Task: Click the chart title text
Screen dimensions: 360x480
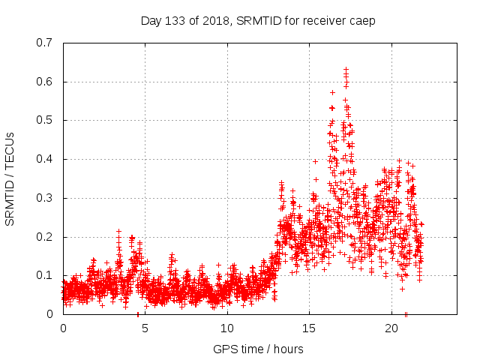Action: [258, 21]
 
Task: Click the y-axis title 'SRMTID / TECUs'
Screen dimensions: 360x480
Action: [10, 178]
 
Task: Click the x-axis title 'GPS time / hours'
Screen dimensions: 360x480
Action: [258, 349]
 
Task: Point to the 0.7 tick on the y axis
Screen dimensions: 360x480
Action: [46, 43]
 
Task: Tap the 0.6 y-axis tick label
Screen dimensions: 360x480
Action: [46, 82]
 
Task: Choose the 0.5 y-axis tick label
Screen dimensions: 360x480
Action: [46, 120]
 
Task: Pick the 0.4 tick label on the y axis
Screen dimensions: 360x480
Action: [46, 159]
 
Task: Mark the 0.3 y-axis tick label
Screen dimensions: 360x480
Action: [46, 198]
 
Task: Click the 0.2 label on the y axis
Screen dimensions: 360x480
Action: [46, 237]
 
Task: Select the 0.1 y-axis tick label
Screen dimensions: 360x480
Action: [46, 275]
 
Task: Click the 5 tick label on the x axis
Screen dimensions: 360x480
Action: [145, 329]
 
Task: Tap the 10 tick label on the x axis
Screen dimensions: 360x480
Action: [227, 329]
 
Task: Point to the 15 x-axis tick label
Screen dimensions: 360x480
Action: [309, 329]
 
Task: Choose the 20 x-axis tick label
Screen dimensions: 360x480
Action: [391, 329]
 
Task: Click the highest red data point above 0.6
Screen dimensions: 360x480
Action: [346, 70]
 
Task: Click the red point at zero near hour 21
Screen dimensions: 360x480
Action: [406, 314]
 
